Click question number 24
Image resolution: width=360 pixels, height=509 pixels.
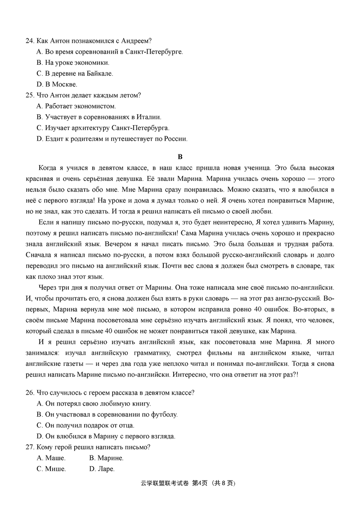click(x=30, y=41)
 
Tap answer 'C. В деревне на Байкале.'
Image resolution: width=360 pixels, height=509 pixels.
click(x=74, y=73)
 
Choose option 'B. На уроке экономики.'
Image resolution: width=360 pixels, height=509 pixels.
click(x=72, y=63)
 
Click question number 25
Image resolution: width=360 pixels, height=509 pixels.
click(x=30, y=95)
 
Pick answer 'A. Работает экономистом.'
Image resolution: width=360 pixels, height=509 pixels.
click(x=76, y=106)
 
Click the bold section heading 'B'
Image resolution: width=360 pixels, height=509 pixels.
click(x=180, y=157)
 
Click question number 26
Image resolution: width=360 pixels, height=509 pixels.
click(x=30, y=392)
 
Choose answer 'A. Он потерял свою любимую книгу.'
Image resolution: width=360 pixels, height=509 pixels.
click(x=94, y=404)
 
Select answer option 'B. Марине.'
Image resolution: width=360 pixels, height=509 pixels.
click(x=106, y=458)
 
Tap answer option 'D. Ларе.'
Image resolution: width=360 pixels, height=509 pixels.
click(x=102, y=469)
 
